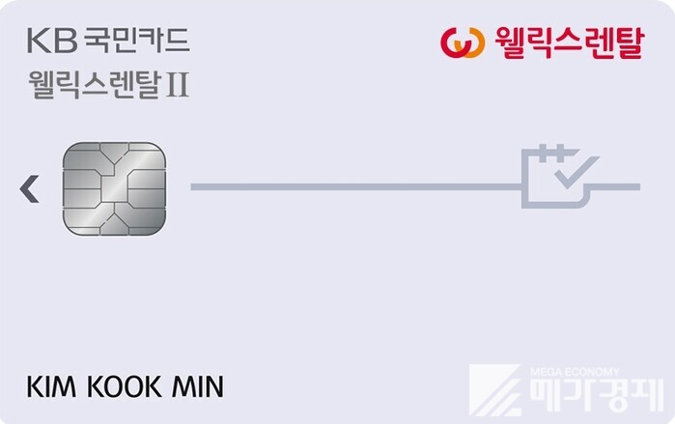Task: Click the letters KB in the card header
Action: pyautogui.click(x=52, y=41)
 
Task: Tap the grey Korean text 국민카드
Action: pyautogui.click(x=136, y=41)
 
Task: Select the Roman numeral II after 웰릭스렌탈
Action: pyautogui.click(x=178, y=85)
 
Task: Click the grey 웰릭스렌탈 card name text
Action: pyautogui.click(x=96, y=85)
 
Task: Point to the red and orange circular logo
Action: pyautogui.click(x=463, y=42)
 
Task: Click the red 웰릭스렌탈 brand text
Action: pyautogui.click(x=569, y=42)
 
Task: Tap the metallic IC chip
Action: pyautogui.click(x=115, y=189)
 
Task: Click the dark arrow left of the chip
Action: pyautogui.click(x=29, y=188)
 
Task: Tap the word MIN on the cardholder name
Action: pyautogui.click(x=198, y=386)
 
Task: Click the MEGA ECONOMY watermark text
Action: pyautogui.click(x=575, y=372)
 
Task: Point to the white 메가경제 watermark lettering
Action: pyautogui.click(x=597, y=396)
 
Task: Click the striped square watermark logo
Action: pyautogui.click(x=494, y=390)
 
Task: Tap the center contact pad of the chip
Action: pyautogui.click(x=115, y=188)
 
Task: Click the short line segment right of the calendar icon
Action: pyautogui.click(x=615, y=186)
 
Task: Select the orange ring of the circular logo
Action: pyautogui.click(x=473, y=42)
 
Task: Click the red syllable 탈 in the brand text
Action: pyautogui.click(x=628, y=42)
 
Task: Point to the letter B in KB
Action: pyautogui.click(x=67, y=41)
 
